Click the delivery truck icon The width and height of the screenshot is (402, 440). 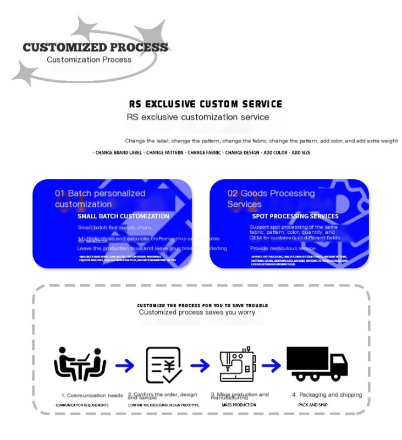(317, 364)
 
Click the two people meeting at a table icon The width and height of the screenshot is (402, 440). (80, 365)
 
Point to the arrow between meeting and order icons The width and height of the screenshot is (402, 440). (124, 365)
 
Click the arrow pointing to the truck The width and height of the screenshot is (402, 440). (271, 365)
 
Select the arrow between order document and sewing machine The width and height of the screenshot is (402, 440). (200, 365)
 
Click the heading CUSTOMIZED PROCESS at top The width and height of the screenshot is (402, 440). (95, 47)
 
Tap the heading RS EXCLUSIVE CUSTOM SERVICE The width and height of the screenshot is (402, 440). (206, 104)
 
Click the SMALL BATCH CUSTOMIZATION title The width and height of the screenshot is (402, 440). (123, 216)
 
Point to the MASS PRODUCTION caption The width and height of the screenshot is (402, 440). (239, 405)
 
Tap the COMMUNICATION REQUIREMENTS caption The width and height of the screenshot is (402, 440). (82, 405)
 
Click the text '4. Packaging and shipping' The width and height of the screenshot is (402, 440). (327, 394)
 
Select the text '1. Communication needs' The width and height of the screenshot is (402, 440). (92, 395)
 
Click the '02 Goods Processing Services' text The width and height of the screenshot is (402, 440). (271, 199)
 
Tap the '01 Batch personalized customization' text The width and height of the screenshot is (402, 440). (100, 199)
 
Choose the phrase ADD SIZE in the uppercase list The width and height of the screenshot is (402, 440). (301, 152)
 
